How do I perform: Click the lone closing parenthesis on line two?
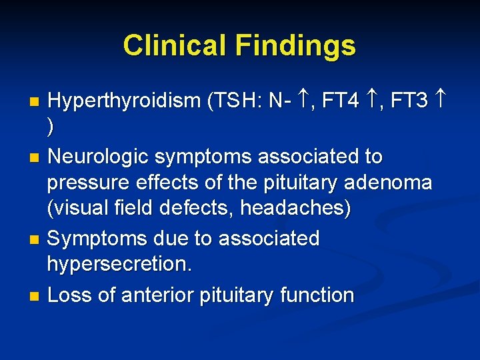tap(51, 127)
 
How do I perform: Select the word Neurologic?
tap(99, 157)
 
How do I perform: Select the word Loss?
tap(70, 295)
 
